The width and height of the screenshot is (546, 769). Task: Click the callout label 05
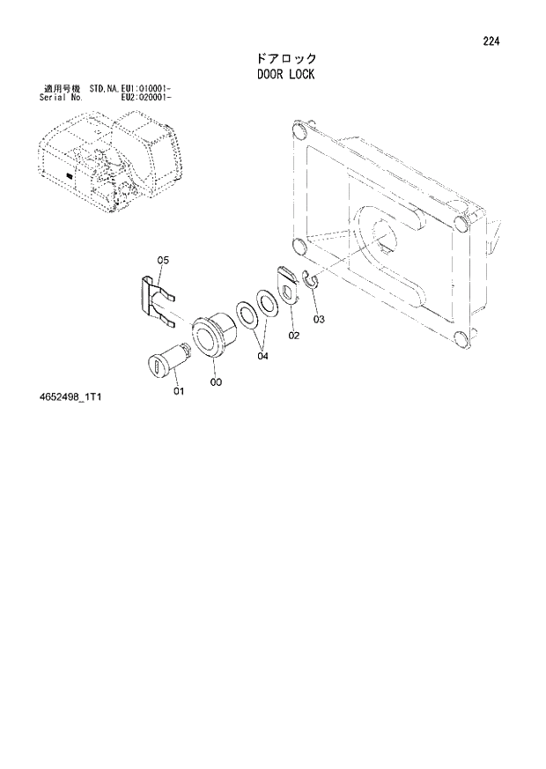pyautogui.click(x=163, y=260)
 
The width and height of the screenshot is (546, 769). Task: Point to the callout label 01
pyautogui.click(x=179, y=391)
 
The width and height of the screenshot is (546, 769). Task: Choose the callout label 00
pyautogui.click(x=217, y=382)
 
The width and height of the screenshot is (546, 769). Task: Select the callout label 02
pyautogui.click(x=293, y=335)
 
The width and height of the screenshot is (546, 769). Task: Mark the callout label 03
pyautogui.click(x=319, y=319)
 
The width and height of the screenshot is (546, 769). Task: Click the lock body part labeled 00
pyautogui.click(x=212, y=336)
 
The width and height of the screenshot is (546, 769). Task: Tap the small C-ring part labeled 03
pyautogui.click(x=309, y=281)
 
